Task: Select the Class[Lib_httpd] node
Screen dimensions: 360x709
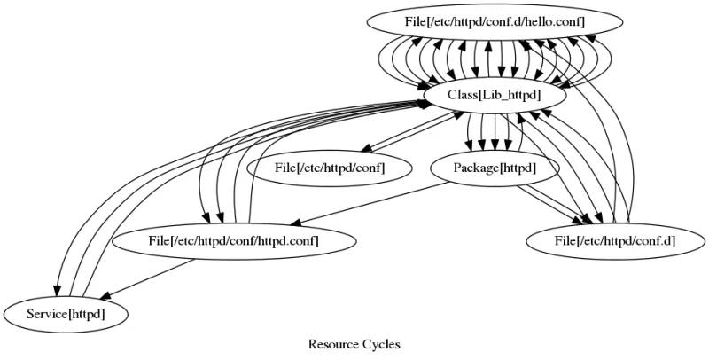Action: coord(483,92)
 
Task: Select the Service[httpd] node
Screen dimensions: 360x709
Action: coord(66,312)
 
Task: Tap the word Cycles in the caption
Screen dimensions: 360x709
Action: coord(381,342)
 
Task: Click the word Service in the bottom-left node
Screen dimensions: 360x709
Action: coord(45,312)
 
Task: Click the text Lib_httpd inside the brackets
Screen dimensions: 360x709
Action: coord(501,92)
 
